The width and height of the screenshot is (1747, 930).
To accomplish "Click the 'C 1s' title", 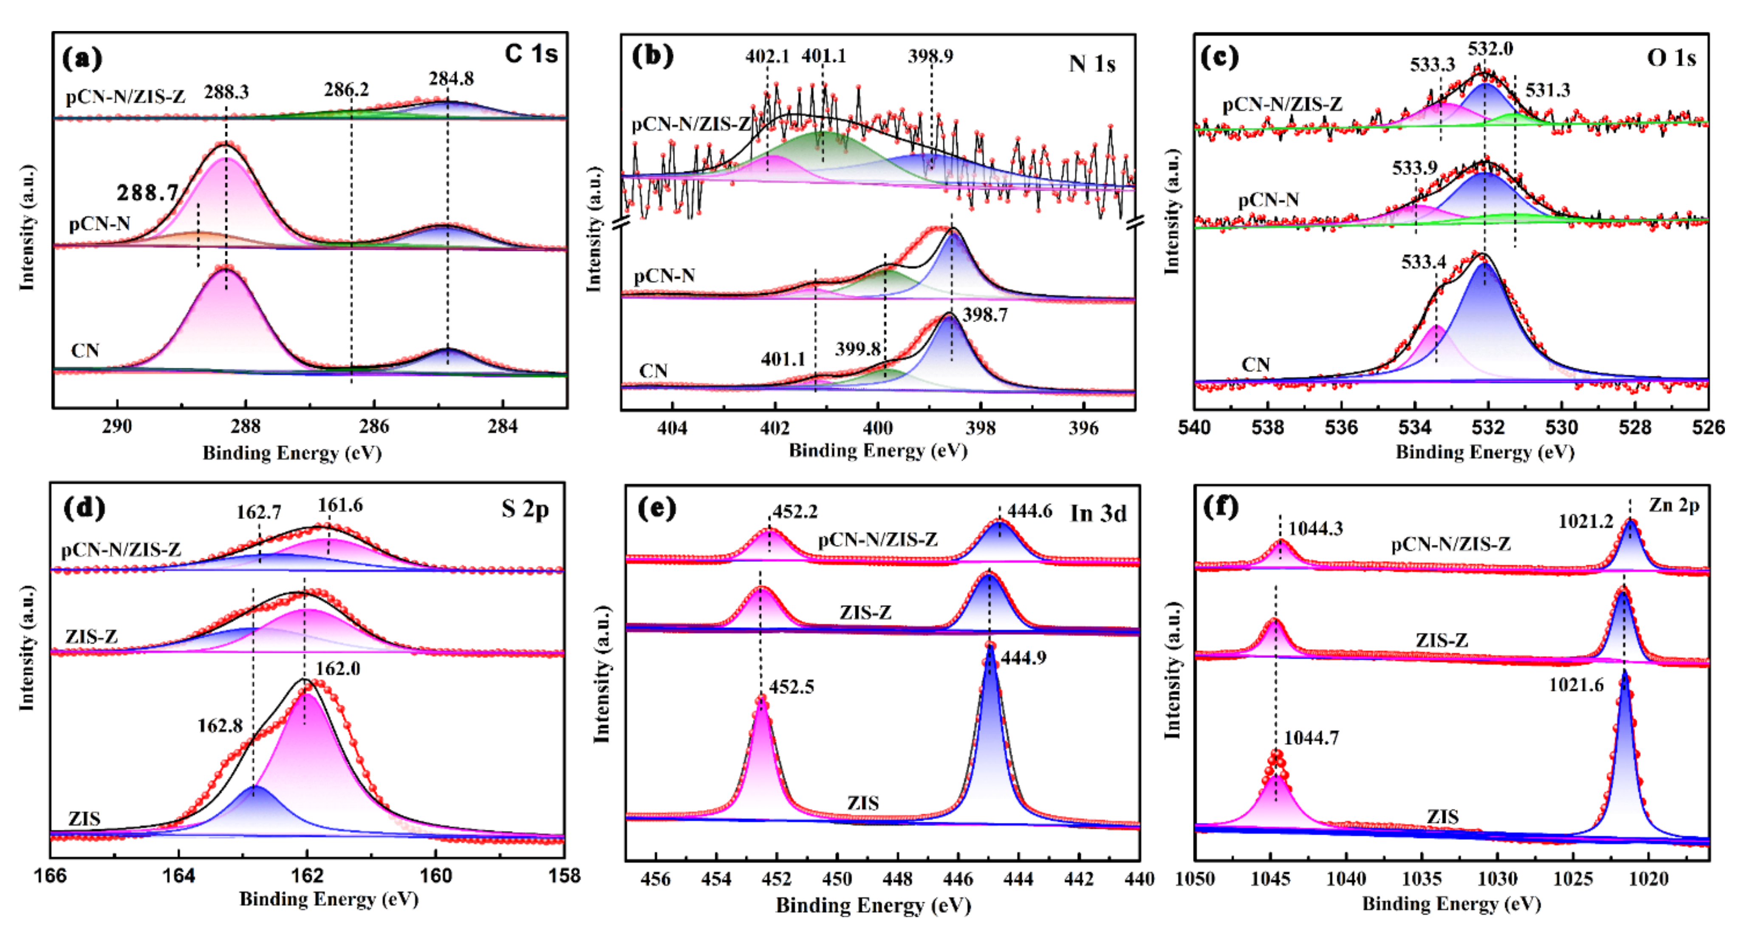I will click(x=531, y=54).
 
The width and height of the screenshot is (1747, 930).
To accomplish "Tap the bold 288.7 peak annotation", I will click(x=147, y=193).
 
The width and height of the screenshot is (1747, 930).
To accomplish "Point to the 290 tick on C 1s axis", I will click(x=117, y=427).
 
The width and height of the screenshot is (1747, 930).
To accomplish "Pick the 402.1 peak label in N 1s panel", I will click(x=767, y=56).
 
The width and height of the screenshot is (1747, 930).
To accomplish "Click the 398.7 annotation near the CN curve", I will click(x=985, y=315).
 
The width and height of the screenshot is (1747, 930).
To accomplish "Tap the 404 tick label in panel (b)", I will click(x=672, y=428).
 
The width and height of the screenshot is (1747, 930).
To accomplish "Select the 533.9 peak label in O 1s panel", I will click(x=1415, y=167).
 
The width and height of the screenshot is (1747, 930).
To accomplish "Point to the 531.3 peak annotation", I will click(x=1548, y=90).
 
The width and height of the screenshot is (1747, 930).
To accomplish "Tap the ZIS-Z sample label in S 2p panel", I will click(x=91, y=636).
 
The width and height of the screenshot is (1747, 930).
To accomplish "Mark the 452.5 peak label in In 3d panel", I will click(x=792, y=686).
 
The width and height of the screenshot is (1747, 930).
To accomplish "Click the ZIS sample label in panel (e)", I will click(x=862, y=803).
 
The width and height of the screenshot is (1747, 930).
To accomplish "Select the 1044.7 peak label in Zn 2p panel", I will click(x=1312, y=738).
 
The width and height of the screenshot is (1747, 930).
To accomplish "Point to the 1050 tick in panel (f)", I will click(x=1195, y=879).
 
